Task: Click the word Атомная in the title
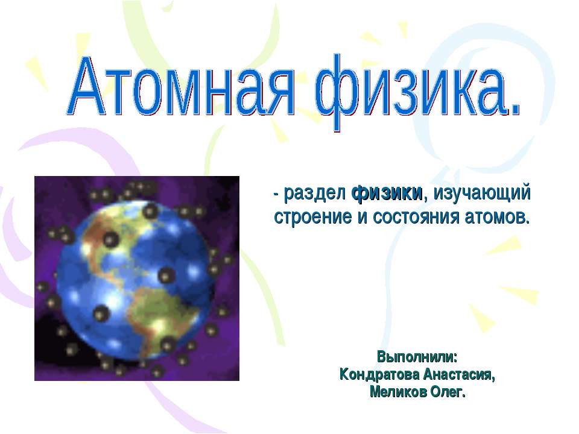(x=182, y=87)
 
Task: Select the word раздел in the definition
(x=315, y=193)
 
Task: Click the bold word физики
(x=387, y=193)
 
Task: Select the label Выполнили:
(x=417, y=357)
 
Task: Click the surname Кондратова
(x=379, y=375)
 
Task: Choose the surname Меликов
(x=398, y=392)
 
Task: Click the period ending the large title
(x=514, y=110)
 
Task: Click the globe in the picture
(x=134, y=279)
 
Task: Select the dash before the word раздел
(x=277, y=195)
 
